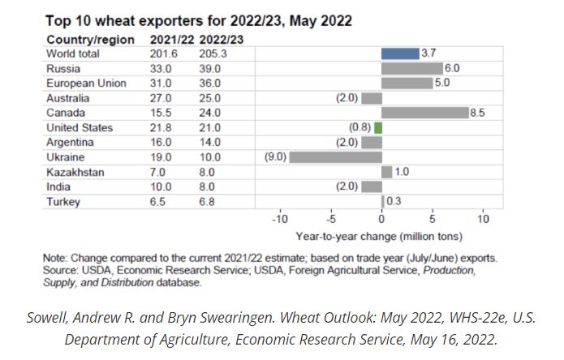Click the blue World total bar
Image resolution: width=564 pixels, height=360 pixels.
click(400, 54)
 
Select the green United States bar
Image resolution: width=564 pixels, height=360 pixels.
click(378, 127)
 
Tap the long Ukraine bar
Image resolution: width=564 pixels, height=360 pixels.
click(335, 157)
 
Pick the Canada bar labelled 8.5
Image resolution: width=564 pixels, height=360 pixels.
click(425, 113)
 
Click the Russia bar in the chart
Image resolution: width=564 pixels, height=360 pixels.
click(412, 68)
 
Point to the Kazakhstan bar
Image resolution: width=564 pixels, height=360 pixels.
click(387, 172)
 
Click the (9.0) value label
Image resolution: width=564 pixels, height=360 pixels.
click(276, 157)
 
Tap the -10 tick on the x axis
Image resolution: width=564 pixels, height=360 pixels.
click(279, 220)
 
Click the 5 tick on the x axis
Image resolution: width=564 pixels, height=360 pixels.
click(433, 220)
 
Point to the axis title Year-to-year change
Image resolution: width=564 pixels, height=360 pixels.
click(379, 237)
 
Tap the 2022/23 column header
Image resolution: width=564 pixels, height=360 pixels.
click(219, 39)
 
